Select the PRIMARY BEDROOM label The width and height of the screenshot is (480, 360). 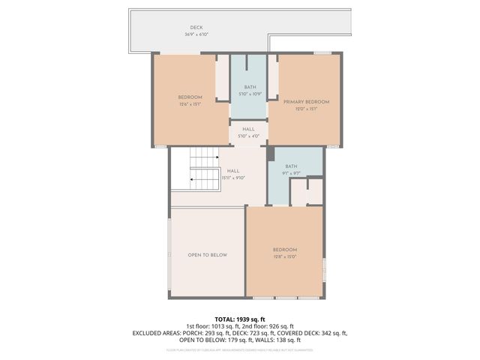(306, 101)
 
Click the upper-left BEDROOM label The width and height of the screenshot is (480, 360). (190, 97)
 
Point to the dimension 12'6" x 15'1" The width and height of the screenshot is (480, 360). (190, 104)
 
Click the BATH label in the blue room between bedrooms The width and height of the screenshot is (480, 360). (249, 87)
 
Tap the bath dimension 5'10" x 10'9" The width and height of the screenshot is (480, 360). (249, 94)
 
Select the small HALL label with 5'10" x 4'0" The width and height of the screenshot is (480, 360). (248, 129)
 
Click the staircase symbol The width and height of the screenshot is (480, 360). (200, 168)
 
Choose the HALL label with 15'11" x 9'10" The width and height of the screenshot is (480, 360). (232, 171)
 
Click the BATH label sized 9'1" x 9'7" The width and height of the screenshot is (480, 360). (291, 166)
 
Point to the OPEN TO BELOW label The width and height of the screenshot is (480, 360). (207, 255)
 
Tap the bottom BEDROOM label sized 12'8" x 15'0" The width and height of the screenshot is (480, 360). (285, 250)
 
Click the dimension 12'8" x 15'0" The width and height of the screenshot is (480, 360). (285, 256)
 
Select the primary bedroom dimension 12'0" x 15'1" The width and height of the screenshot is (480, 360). (306, 108)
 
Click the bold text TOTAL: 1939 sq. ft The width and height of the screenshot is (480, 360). (240, 319)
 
